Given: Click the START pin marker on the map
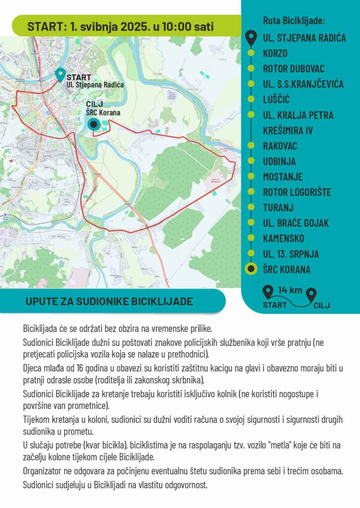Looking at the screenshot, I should [x=60, y=74].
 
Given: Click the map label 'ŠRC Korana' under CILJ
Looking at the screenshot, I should [x=103, y=113].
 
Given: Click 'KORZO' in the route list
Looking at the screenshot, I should [x=275, y=53].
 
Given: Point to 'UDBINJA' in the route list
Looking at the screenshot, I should [x=279, y=161].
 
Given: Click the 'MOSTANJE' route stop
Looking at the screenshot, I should [x=283, y=177].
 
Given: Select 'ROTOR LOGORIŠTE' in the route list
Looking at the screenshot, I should [x=297, y=192].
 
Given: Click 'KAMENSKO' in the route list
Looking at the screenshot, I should [x=284, y=239].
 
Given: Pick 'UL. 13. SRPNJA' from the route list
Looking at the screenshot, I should [x=291, y=254].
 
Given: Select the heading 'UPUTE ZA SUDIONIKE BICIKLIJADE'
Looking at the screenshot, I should [x=109, y=301].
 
